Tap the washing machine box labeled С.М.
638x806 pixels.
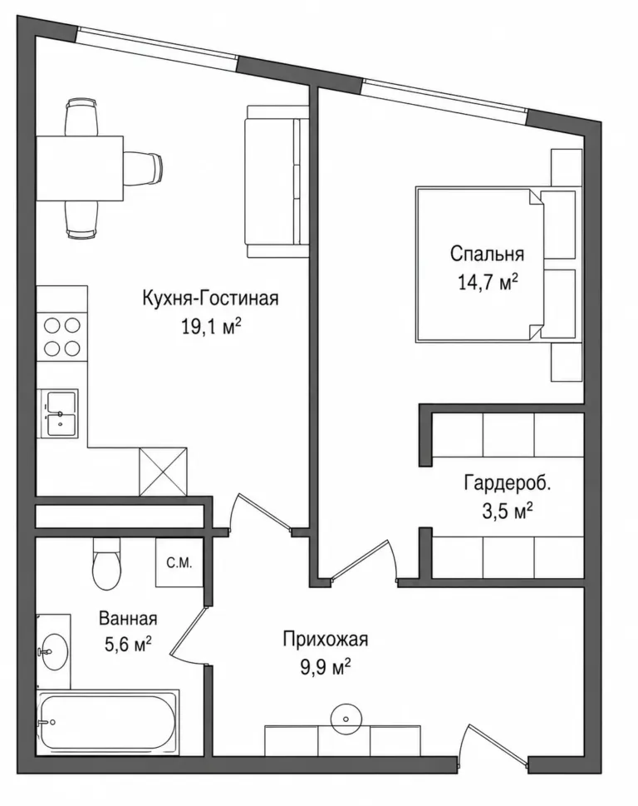click(179, 563)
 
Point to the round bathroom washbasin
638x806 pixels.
click(54, 652)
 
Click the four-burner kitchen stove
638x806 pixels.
click(62, 337)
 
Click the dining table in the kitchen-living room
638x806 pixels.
click(80, 169)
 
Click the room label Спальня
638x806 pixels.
click(487, 254)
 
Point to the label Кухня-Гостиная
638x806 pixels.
click(210, 298)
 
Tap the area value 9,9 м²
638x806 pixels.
click(326, 668)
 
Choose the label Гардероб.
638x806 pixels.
click(507, 483)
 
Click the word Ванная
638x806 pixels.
click(128, 618)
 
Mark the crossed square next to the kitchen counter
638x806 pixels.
click(163, 472)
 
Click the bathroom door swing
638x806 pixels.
click(188, 635)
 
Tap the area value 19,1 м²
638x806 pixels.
click(211, 326)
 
